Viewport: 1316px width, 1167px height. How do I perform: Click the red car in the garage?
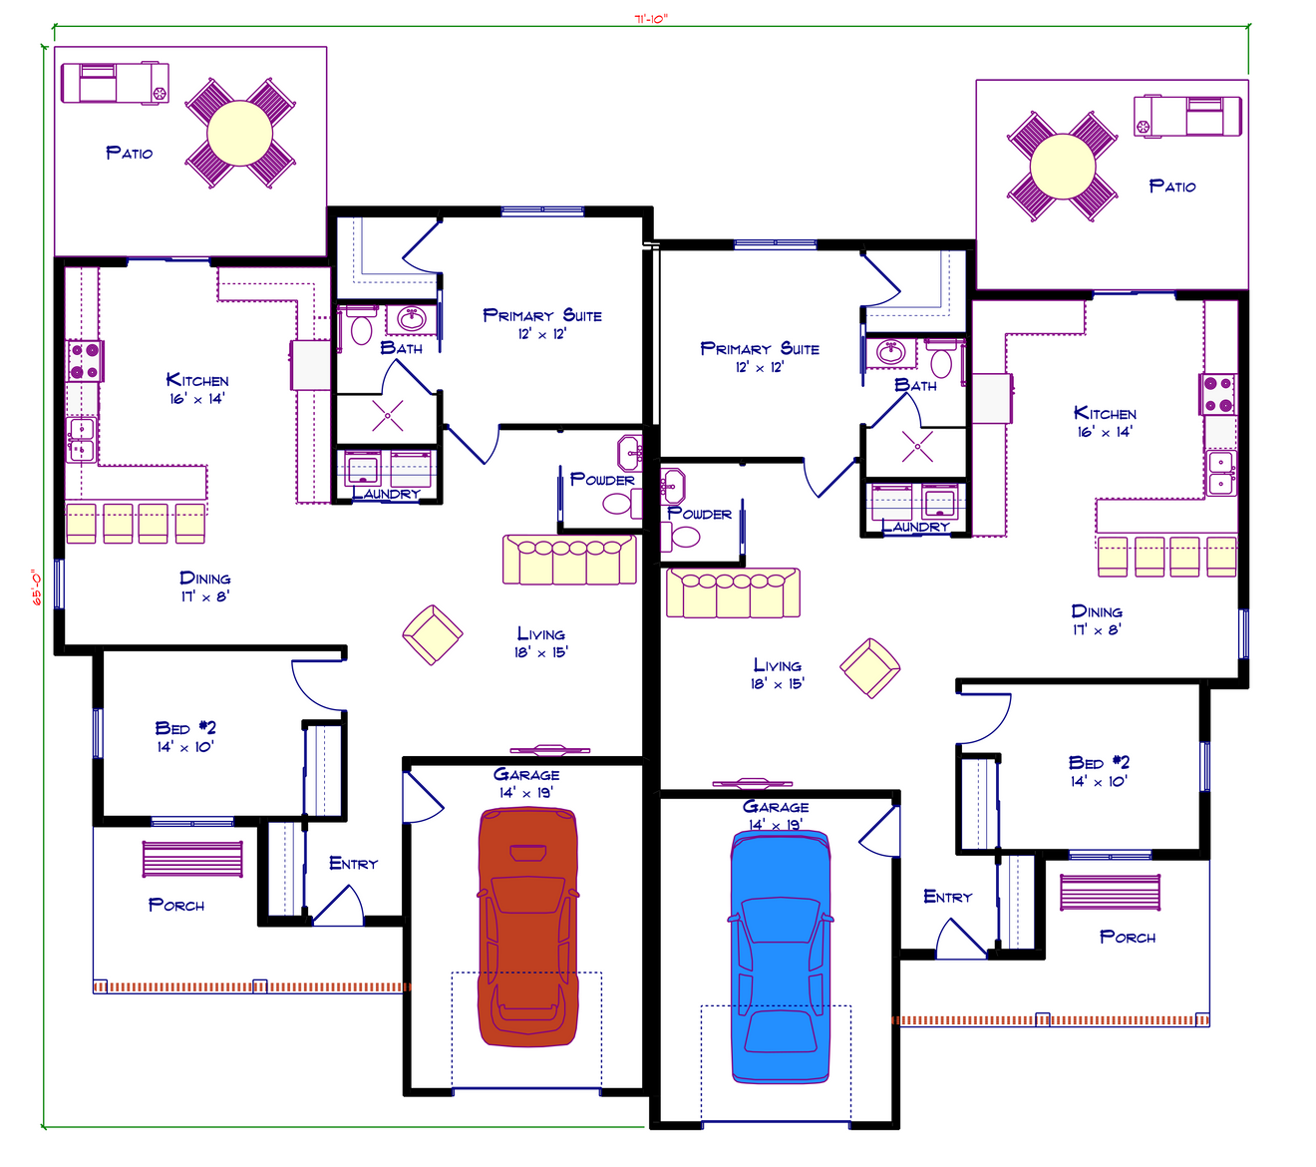click(527, 928)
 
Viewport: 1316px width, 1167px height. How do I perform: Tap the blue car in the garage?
click(780, 958)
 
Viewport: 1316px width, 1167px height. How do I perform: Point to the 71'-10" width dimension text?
click(651, 18)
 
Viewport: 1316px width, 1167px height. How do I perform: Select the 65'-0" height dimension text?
click(36, 587)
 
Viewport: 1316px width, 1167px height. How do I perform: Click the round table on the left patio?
click(239, 134)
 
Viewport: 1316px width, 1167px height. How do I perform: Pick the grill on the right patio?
click(1186, 116)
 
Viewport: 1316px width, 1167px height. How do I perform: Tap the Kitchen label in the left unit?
click(197, 380)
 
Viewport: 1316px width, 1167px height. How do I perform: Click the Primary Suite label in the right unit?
click(760, 349)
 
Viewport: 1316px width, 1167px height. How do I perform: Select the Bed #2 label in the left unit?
click(185, 728)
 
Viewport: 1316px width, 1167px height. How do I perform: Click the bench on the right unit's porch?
click(1111, 893)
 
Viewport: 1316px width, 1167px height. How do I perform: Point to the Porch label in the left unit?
click(176, 906)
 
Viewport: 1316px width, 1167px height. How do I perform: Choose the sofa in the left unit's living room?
click(569, 560)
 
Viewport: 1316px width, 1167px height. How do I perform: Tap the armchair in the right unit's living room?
click(869, 667)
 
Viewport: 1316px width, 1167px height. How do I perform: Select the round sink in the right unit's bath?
click(890, 352)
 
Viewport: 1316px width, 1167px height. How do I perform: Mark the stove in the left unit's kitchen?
click(84, 361)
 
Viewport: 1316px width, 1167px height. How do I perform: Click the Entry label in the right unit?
click(947, 898)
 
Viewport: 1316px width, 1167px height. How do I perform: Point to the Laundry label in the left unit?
click(386, 494)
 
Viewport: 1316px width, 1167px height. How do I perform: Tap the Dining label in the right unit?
click(1097, 611)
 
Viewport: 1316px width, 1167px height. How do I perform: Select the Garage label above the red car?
click(526, 775)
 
